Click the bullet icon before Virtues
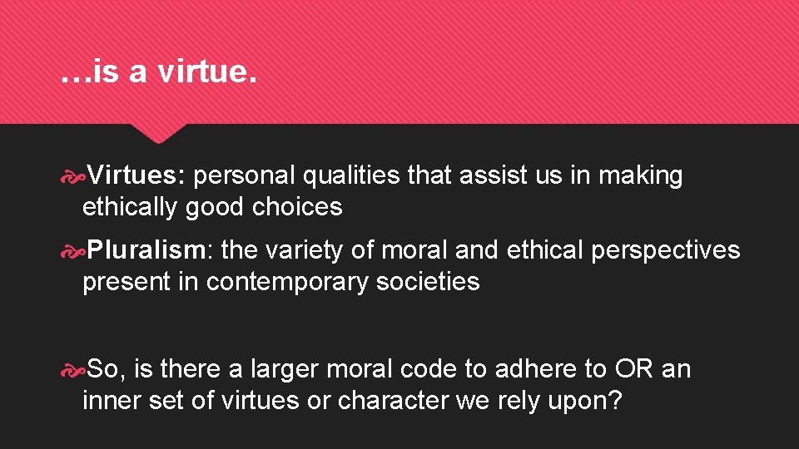tap(72, 176)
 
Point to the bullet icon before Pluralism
tap(72, 250)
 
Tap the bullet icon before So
tap(72, 368)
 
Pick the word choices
tap(297, 207)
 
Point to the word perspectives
tap(665, 249)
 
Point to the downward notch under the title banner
tap(159, 133)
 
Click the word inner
tap(112, 400)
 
